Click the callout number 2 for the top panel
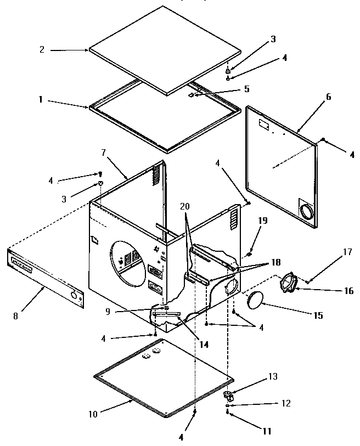[42, 49]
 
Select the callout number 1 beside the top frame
[41, 101]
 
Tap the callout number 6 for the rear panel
[328, 97]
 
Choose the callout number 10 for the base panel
[93, 414]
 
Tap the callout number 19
[263, 221]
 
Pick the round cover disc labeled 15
[254, 301]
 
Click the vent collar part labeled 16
[289, 284]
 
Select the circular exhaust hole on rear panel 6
[307, 211]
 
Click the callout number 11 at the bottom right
[267, 431]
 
